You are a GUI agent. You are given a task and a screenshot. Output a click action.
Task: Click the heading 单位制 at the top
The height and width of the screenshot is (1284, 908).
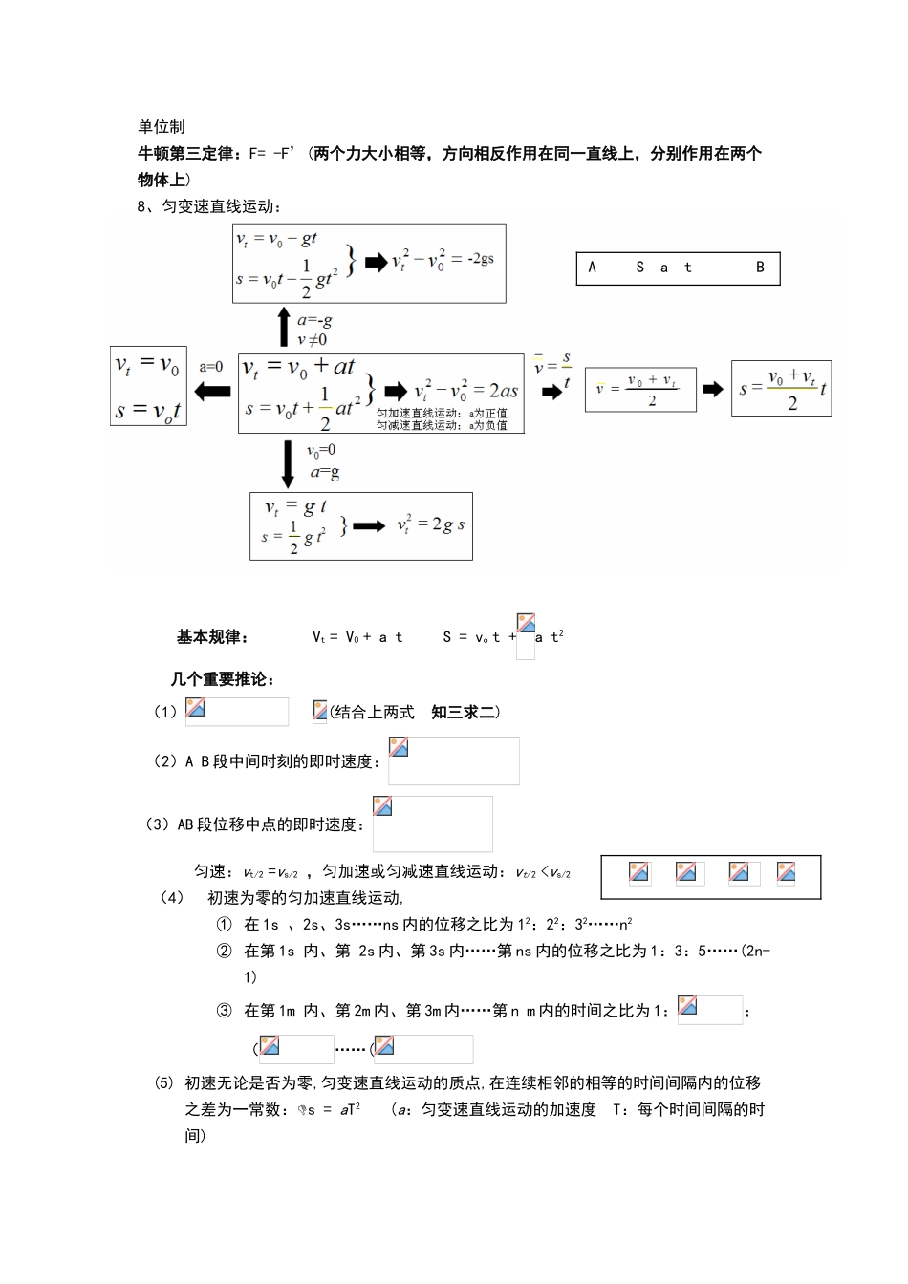(162, 127)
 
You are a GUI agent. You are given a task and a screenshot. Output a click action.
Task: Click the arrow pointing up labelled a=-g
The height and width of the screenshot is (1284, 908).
(284, 327)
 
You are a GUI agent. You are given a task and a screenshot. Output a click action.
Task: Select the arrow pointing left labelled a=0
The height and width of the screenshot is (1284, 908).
(212, 391)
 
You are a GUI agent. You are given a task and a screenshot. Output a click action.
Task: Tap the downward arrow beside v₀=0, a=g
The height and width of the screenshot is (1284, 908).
(288, 463)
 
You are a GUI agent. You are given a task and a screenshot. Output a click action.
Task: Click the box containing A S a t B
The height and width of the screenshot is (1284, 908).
(678, 267)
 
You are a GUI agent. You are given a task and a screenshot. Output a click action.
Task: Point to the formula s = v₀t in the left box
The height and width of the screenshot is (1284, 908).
(148, 411)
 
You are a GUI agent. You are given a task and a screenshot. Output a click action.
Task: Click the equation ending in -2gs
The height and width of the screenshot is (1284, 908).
(443, 261)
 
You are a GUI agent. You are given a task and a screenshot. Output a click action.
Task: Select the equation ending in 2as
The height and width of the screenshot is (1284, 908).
(465, 391)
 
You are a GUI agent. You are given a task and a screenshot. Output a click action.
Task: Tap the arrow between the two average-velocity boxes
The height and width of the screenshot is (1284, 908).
(712, 389)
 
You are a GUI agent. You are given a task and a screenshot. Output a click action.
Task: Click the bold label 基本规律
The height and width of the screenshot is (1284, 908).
(212, 637)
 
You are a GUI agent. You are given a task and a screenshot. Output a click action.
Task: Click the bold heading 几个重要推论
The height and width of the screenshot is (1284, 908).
(223, 679)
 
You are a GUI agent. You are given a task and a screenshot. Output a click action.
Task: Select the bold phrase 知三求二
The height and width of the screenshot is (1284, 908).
(464, 712)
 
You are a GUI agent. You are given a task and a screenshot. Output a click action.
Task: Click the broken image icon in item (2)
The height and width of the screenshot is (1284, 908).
(400, 748)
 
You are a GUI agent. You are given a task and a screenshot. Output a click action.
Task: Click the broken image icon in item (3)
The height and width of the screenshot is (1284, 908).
(383, 806)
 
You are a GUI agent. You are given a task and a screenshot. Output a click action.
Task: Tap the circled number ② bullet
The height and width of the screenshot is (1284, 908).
(224, 951)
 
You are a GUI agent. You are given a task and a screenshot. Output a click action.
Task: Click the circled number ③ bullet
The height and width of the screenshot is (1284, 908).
(224, 1011)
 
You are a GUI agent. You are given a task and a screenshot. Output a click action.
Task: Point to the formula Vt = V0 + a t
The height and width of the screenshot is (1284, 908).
(357, 637)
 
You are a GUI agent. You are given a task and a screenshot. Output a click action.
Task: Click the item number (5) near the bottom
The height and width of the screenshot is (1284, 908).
(164, 1082)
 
